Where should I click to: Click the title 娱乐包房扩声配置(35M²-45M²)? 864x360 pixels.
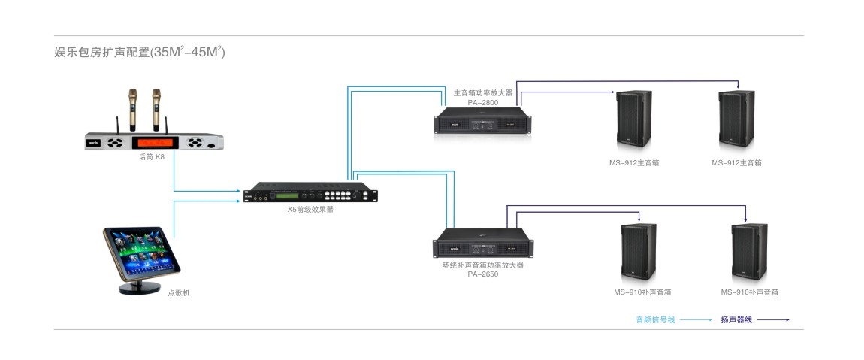140,53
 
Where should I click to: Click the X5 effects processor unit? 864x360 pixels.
311,193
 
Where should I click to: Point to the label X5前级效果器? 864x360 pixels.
310,210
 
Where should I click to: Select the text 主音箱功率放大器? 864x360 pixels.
483,93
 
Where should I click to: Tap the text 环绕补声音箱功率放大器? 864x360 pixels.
483,265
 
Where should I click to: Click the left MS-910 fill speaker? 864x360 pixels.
638,253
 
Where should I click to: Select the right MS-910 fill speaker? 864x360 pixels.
748,253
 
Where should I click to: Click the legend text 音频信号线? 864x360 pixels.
655,320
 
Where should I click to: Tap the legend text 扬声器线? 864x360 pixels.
736,320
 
